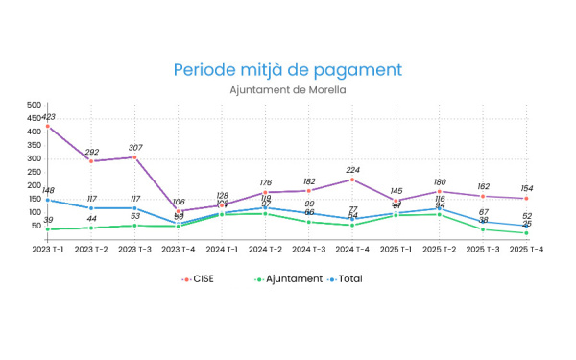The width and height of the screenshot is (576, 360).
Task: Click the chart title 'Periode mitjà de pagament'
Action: (288, 70)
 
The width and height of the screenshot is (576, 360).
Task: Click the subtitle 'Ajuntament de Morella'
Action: (288, 90)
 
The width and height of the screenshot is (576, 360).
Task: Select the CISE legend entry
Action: (199, 279)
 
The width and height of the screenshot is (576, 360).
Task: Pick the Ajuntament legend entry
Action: (288, 279)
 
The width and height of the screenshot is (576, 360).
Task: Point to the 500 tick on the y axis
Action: (34, 105)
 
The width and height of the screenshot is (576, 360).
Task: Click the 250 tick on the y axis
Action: (34, 172)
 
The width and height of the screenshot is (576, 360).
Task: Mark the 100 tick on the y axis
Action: (34, 212)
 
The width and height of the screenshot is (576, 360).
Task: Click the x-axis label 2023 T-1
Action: (47, 249)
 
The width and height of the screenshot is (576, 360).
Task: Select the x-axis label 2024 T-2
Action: (266, 249)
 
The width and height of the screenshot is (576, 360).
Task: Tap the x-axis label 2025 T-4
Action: (527, 249)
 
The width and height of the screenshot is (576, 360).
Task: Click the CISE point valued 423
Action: (47, 126)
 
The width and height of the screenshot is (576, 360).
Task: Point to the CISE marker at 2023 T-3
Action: (134, 156)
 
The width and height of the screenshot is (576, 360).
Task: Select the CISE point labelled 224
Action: (352, 180)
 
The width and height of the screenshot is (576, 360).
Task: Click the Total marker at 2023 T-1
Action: (47, 200)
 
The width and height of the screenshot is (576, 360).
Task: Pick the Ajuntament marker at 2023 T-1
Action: (47, 228)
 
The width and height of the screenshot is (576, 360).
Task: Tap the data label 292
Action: (91, 152)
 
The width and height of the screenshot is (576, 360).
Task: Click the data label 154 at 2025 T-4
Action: (527, 189)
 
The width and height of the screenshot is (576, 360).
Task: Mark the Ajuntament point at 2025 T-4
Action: (527, 232)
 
